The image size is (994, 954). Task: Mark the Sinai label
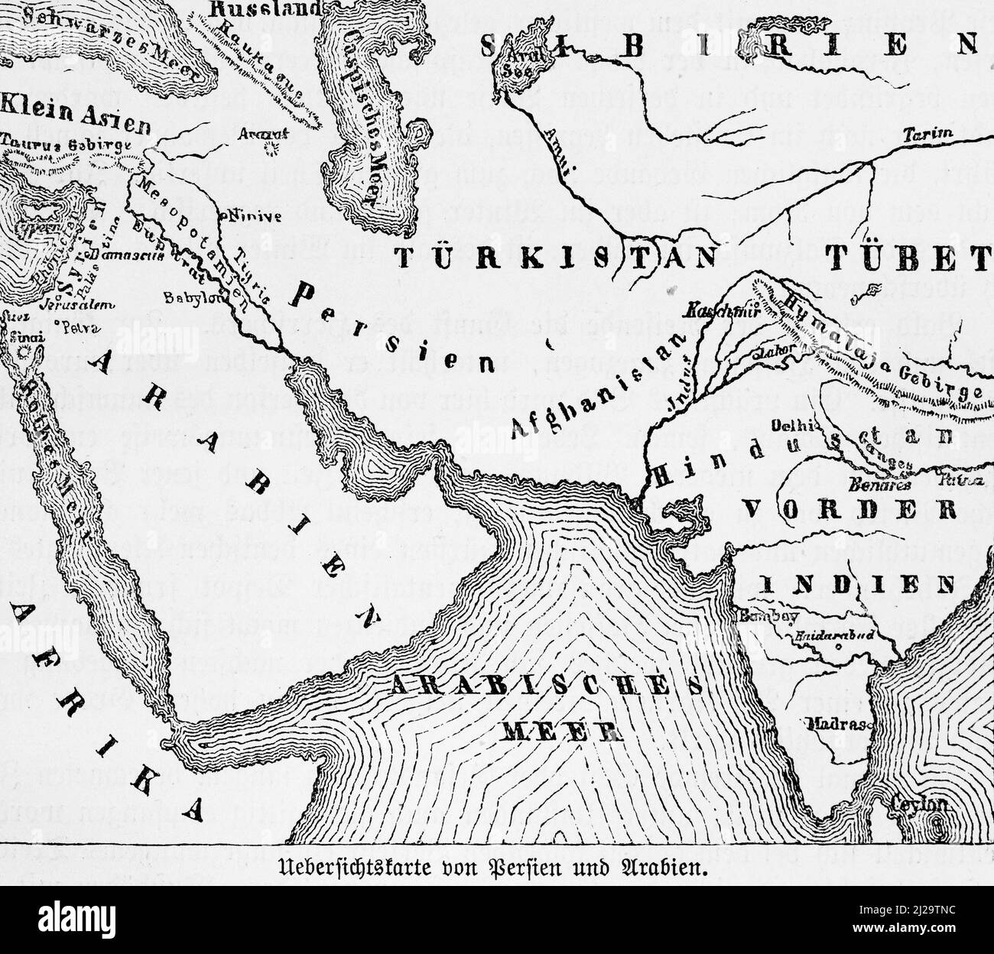pyautogui.click(x=26, y=336)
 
